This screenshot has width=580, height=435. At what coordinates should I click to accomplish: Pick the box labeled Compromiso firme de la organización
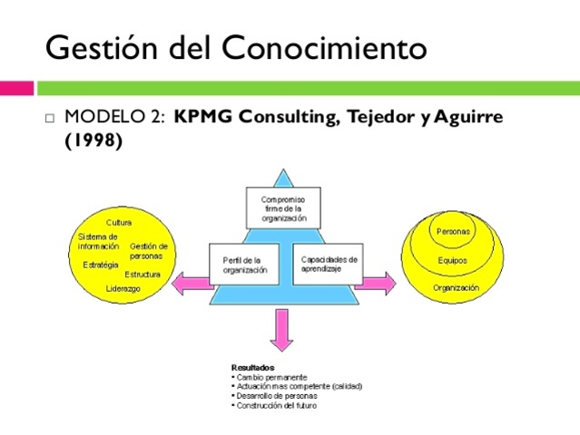(283, 208)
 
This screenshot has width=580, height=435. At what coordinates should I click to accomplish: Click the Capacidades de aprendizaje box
(329, 264)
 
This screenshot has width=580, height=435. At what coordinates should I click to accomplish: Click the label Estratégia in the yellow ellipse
(101, 265)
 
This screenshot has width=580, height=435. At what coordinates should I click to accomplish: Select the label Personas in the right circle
(453, 231)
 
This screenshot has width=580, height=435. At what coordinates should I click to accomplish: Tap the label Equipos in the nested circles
(452, 259)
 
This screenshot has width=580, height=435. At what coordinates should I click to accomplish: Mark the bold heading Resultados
(253, 367)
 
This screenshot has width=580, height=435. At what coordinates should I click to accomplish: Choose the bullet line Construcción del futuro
(277, 405)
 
